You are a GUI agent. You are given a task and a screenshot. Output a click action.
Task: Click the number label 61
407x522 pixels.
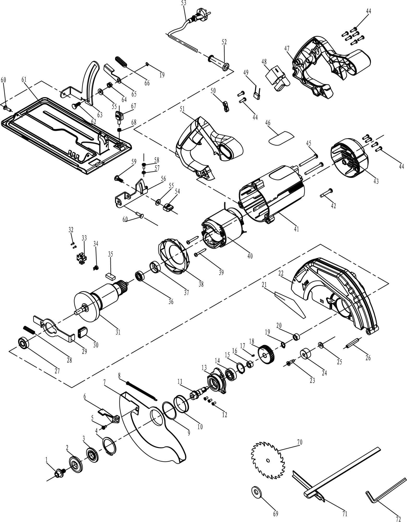coord(24,80)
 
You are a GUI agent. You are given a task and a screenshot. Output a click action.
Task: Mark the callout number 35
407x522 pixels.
coord(111,254)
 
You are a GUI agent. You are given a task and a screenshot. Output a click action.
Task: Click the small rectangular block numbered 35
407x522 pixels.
coord(110,276)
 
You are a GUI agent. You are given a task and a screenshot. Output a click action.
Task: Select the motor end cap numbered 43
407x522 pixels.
coord(350,157)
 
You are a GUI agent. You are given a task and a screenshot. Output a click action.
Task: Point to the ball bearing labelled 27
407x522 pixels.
coord(23,343)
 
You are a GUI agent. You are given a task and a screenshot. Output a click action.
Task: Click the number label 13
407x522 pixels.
coord(204,367)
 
